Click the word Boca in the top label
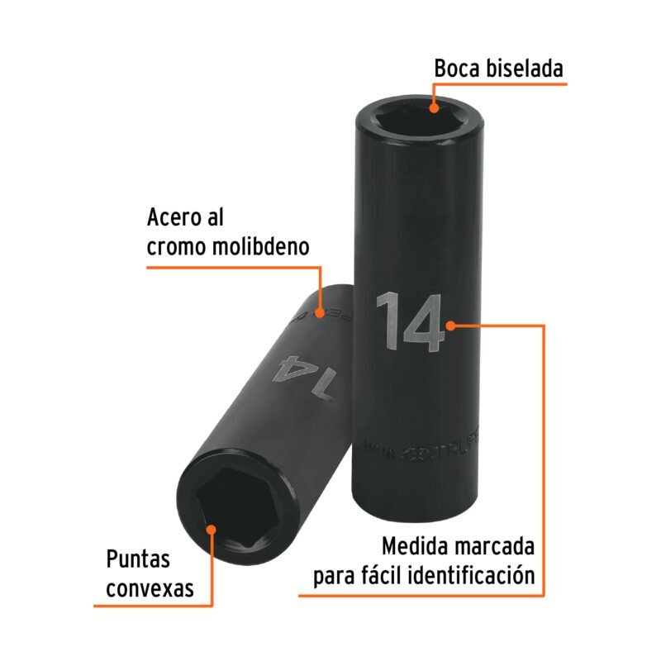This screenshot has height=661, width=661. point(459,69)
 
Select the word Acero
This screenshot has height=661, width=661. point(174,217)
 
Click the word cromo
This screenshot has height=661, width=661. point(174,247)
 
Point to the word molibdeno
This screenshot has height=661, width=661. point(264,247)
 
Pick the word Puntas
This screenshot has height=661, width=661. point(138,559)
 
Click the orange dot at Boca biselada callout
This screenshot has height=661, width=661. point(434,105)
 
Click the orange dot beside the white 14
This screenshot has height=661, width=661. point(452,325)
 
